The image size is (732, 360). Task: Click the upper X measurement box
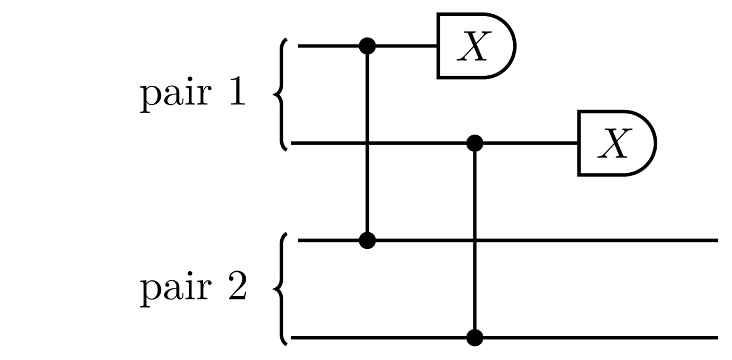[x=475, y=46]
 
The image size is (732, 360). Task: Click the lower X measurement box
[x=616, y=143]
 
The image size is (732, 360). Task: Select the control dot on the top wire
[x=368, y=45]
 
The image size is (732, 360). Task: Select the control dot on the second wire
[x=474, y=143]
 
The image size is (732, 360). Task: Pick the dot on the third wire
[x=368, y=240]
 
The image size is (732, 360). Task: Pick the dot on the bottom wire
[x=474, y=338]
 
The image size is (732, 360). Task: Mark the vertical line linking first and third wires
[x=368, y=185]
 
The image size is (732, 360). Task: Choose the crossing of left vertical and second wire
[x=368, y=143]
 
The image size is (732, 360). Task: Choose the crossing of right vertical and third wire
[x=474, y=240]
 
